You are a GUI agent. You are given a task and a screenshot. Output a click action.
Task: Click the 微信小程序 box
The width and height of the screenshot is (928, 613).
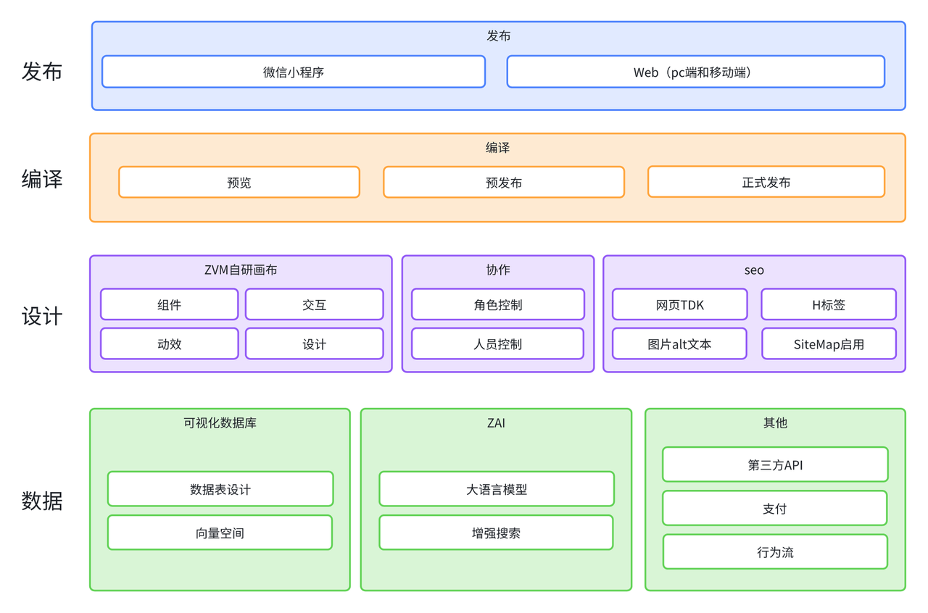[x=294, y=72]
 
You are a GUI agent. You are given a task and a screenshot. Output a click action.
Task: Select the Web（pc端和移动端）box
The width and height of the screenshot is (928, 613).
[x=695, y=72]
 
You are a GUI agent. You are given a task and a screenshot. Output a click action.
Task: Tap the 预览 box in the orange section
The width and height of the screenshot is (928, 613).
[x=239, y=183]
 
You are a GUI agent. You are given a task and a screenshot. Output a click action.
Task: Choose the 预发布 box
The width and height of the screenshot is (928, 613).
[x=504, y=183]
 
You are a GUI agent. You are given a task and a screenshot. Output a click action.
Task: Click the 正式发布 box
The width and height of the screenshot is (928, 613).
[x=766, y=182]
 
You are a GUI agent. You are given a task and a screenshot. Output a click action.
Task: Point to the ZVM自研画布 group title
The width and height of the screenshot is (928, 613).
[x=241, y=270]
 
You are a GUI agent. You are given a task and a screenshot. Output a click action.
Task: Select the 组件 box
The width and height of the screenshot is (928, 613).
[x=169, y=304]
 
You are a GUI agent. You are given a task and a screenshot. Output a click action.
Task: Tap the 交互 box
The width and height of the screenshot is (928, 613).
[x=314, y=304]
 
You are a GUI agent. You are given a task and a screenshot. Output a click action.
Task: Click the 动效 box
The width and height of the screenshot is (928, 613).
[x=169, y=343]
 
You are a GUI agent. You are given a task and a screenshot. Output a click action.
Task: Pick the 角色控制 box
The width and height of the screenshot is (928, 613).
[x=498, y=304]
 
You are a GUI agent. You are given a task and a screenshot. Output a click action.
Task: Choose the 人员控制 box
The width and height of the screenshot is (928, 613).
[x=497, y=343]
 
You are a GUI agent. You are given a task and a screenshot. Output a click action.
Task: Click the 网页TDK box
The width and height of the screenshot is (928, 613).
[x=679, y=304]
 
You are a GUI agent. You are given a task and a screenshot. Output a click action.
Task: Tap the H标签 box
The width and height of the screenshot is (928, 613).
[x=829, y=304]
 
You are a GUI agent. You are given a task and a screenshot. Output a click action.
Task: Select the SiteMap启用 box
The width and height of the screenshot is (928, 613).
[x=829, y=343]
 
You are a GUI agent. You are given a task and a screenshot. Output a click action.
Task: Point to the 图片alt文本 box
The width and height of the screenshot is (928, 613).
[x=679, y=343]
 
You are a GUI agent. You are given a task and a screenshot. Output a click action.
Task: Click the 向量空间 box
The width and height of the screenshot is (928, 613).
[x=220, y=533]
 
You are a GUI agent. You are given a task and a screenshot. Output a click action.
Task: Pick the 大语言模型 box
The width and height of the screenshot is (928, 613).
[x=497, y=489]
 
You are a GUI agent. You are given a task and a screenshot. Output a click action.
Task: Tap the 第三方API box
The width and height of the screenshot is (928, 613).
[x=775, y=464]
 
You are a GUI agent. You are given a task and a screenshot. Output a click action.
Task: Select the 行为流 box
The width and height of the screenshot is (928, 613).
[x=775, y=551]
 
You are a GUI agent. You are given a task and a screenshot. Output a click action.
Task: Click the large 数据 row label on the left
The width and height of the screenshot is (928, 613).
[x=42, y=501]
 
